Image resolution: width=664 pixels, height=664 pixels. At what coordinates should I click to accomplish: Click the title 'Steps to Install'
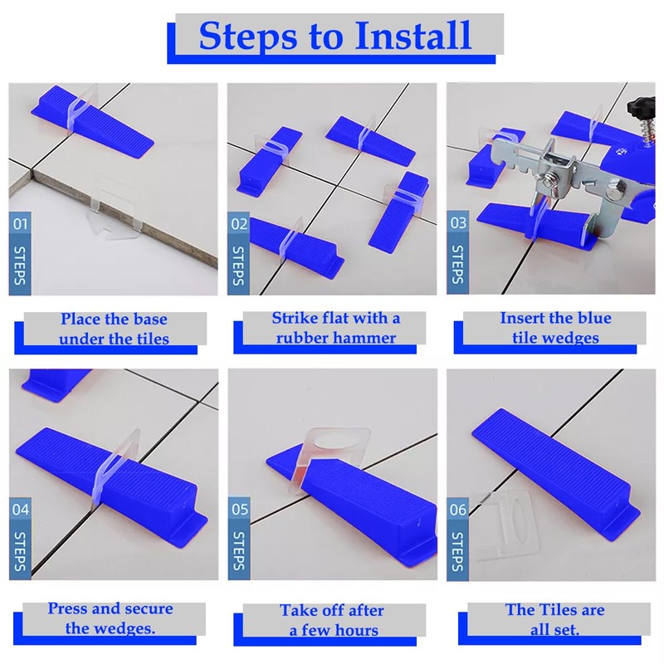[x=335, y=37]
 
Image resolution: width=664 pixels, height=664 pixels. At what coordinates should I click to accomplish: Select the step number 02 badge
[x=239, y=223]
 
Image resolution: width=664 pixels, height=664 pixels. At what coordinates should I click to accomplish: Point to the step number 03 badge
[x=458, y=223]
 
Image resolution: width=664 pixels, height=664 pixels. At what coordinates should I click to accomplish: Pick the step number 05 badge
[x=239, y=509]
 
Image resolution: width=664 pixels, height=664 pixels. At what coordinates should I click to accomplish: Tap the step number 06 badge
[x=458, y=509]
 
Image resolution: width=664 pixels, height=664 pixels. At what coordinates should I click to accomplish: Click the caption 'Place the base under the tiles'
[x=114, y=329]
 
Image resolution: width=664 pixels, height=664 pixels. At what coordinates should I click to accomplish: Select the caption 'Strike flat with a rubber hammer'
[x=335, y=328]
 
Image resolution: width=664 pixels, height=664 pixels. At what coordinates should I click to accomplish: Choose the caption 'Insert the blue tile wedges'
[x=555, y=328]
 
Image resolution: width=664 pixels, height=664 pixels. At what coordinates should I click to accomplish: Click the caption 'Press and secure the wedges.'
[x=111, y=618]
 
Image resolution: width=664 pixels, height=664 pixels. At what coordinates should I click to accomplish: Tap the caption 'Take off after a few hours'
[x=332, y=620]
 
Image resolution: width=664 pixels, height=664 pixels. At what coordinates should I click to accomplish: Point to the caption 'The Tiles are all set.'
[x=554, y=619]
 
